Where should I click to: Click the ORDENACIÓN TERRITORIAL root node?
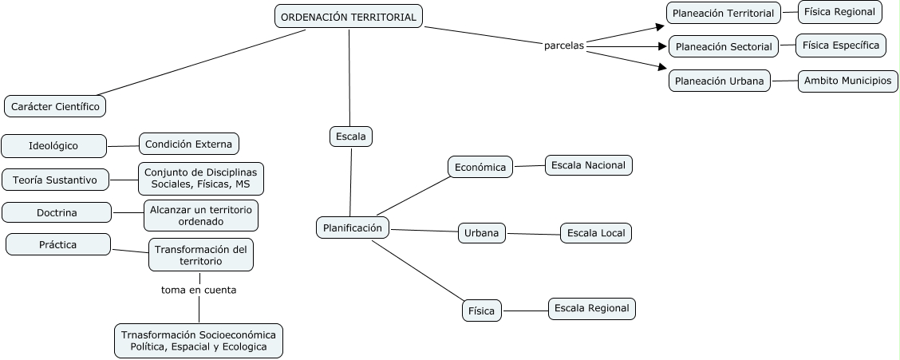coord(349,17)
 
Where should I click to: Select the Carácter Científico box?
coord(55,105)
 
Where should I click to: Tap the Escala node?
coord(351,136)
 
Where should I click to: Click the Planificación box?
coord(353,227)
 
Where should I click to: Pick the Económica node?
coord(480,167)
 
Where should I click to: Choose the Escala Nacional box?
coord(589,165)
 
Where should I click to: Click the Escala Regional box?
coord(592,308)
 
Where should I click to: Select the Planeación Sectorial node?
coord(724,46)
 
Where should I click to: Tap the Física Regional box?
coord(840,12)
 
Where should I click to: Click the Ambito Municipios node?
coord(848,81)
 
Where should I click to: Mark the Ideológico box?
coord(54,146)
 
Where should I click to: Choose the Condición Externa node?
coord(189,144)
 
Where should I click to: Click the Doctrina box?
coord(57,212)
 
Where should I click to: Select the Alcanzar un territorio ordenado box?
coord(201,216)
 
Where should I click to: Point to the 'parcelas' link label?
coord(564,45)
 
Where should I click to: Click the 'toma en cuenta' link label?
coord(199,290)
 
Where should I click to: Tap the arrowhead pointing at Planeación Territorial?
coord(659,26)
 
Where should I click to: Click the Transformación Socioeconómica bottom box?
coord(199,341)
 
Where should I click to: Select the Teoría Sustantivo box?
coord(61,180)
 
